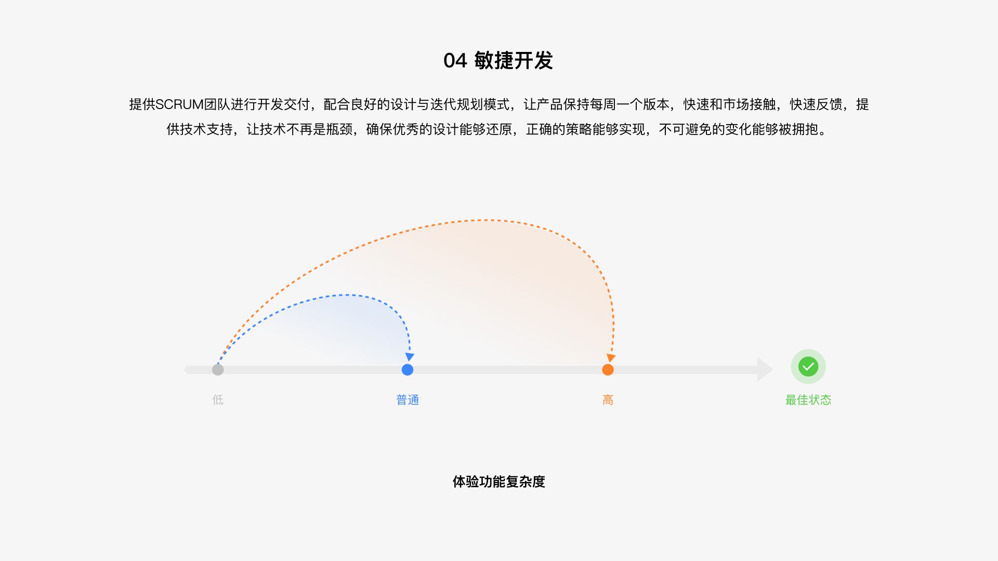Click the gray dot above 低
pos(218,370)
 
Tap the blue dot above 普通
pos(408,370)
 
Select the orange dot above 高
pos(608,370)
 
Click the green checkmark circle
pos(808,367)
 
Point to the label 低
pos(218,400)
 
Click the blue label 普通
pos(408,400)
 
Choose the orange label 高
pos(608,400)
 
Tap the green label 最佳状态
pos(808,400)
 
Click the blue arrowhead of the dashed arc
pos(410,357)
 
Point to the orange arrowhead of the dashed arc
pos(611,358)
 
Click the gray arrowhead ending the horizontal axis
pos(765,370)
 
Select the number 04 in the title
pos(455,61)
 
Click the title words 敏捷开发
pos(514,61)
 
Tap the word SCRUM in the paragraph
pos(179,104)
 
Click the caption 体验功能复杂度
pos(499,482)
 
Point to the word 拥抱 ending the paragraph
pos(805,129)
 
